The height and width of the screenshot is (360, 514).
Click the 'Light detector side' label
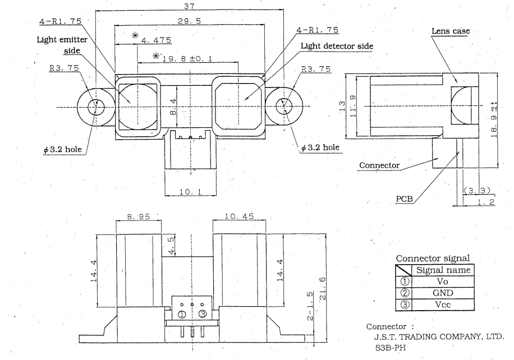pyautogui.click(x=337, y=46)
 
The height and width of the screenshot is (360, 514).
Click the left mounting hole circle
pyautogui.click(x=97, y=106)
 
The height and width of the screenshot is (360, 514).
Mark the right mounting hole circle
pyautogui.click(x=284, y=105)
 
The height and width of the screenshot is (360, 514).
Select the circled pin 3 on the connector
pyautogui.click(x=203, y=313)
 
